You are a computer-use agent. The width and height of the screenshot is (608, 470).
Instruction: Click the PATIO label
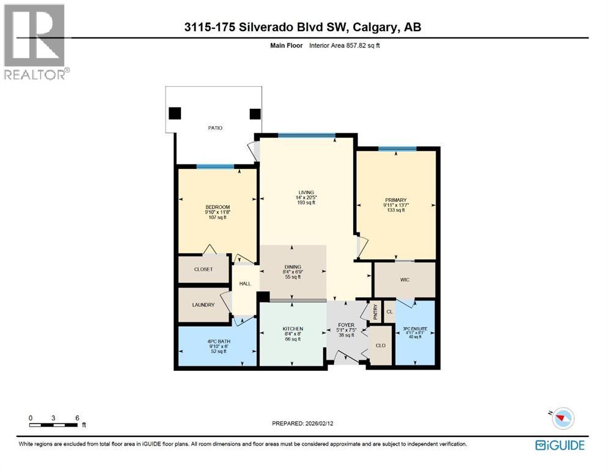click(x=214, y=128)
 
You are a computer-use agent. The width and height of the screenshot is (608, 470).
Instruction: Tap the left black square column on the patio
click(x=175, y=113)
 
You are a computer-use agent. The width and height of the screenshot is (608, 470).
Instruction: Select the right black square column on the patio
click(x=255, y=113)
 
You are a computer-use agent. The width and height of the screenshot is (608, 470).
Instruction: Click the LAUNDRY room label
click(x=203, y=304)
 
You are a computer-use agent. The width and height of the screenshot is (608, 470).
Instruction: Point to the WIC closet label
click(x=405, y=280)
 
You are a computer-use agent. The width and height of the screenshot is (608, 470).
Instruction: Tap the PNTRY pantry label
click(x=375, y=312)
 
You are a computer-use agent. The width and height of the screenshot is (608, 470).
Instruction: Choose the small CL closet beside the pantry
click(x=389, y=311)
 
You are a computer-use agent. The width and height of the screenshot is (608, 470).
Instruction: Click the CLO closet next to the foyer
click(x=381, y=345)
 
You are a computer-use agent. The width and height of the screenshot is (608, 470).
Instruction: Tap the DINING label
click(x=293, y=267)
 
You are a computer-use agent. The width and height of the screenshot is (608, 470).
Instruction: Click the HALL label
click(x=244, y=283)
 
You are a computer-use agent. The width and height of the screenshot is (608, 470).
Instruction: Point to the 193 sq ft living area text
click(x=307, y=203)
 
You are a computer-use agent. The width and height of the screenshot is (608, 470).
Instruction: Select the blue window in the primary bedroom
click(x=397, y=149)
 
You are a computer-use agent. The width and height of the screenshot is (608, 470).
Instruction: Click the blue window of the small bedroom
click(x=215, y=166)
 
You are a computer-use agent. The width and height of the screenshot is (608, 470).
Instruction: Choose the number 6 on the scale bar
click(x=77, y=418)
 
